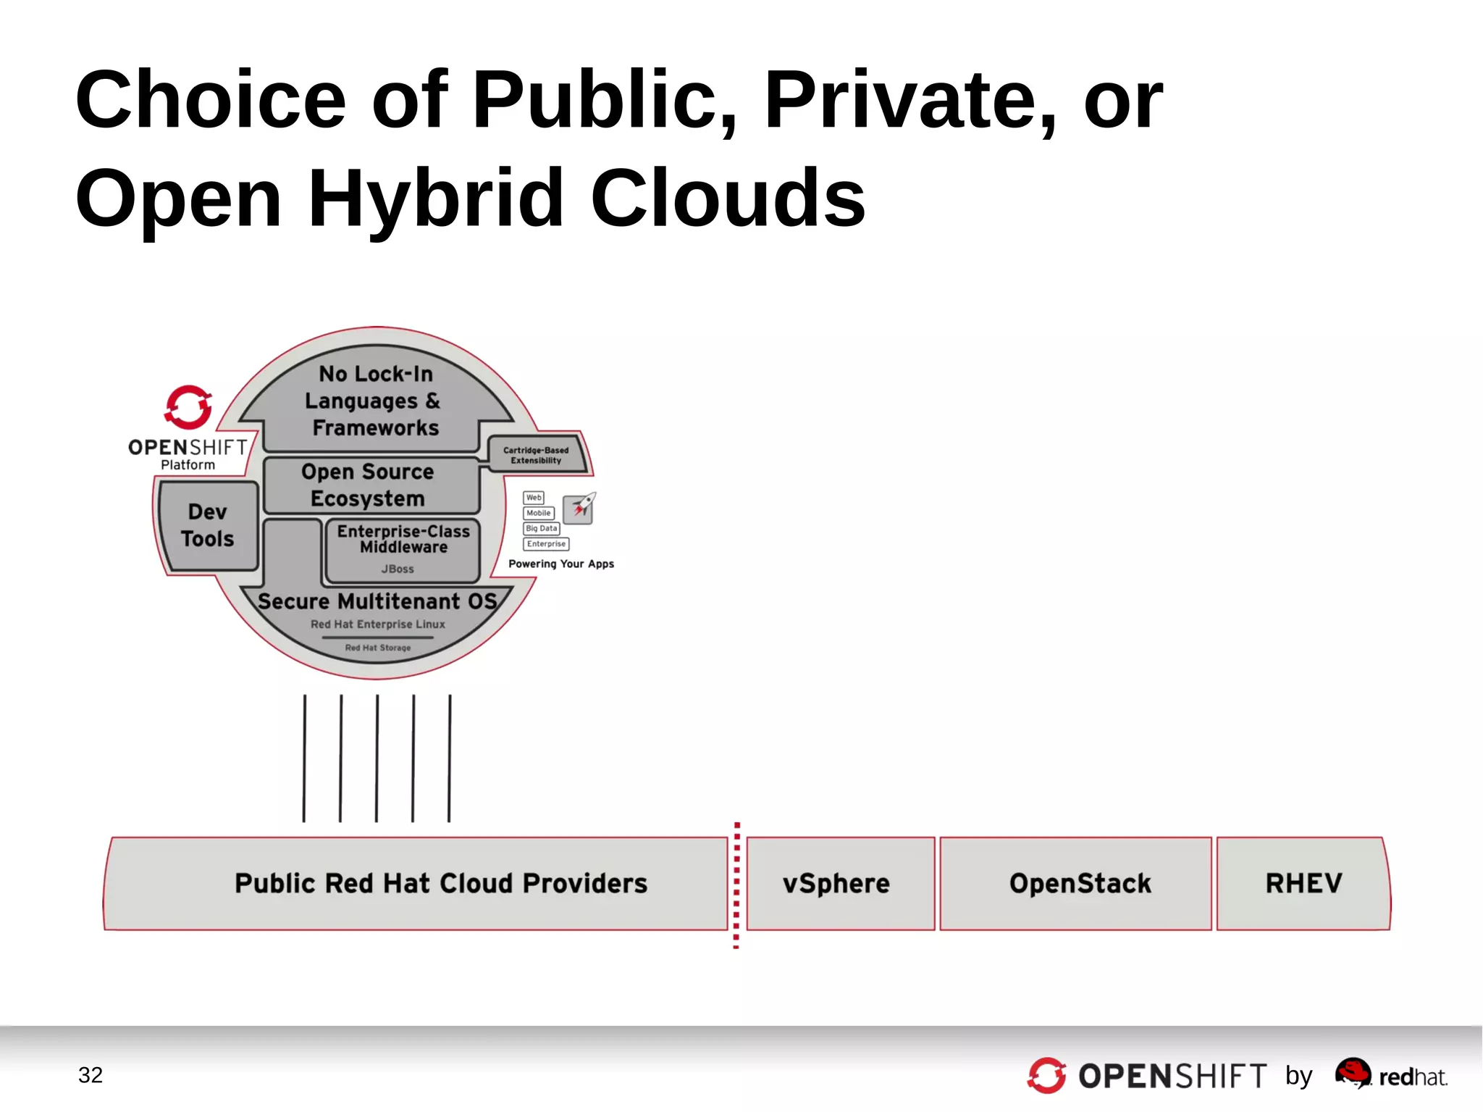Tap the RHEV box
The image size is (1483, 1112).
click(1303, 883)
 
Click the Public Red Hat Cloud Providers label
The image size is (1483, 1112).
click(440, 883)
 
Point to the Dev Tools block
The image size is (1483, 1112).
click(208, 525)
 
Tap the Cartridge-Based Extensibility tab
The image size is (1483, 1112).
click(536, 455)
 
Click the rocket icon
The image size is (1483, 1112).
click(579, 507)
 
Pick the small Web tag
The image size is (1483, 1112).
click(534, 498)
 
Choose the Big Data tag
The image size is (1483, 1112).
click(542, 529)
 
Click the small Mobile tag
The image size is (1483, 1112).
click(538, 513)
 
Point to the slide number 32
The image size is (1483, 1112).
click(91, 1075)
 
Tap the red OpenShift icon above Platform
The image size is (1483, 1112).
click(188, 407)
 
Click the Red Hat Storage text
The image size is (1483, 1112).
click(377, 648)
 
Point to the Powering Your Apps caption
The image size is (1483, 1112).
click(561, 564)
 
